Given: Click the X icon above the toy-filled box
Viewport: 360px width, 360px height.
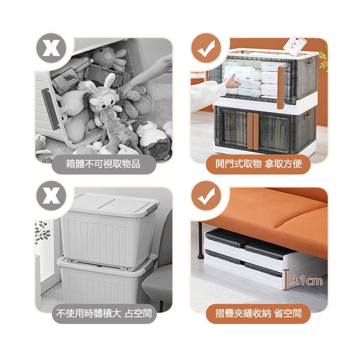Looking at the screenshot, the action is click(x=51, y=48).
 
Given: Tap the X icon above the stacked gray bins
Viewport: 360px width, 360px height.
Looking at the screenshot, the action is click(x=51, y=196).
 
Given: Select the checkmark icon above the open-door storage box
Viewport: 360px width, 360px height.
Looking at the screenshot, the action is click(x=207, y=49).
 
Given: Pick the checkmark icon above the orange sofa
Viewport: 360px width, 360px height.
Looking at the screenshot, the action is click(x=207, y=196).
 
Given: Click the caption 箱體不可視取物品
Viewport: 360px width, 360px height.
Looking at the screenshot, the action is click(x=103, y=164).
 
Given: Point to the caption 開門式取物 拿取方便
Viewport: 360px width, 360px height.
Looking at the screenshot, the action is click(x=258, y=164).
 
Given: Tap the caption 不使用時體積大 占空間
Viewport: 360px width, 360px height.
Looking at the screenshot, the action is click(x=104, y=313).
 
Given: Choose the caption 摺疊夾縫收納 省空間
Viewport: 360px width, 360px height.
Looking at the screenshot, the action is click(x=258, y=313).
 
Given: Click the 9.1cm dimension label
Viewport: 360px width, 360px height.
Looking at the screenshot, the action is click(x=306, y=280).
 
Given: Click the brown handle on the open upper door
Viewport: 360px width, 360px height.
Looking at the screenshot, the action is click(x=281, y=87).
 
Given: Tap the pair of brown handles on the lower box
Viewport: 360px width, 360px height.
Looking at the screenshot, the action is click(x=253, y=131).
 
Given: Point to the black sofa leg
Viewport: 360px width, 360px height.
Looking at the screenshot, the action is click(x=200, y=241).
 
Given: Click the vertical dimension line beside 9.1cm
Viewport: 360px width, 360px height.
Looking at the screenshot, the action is click(x=286, y=280).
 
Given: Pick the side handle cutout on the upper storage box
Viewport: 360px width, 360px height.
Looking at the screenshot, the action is click(x=310, y=62).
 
